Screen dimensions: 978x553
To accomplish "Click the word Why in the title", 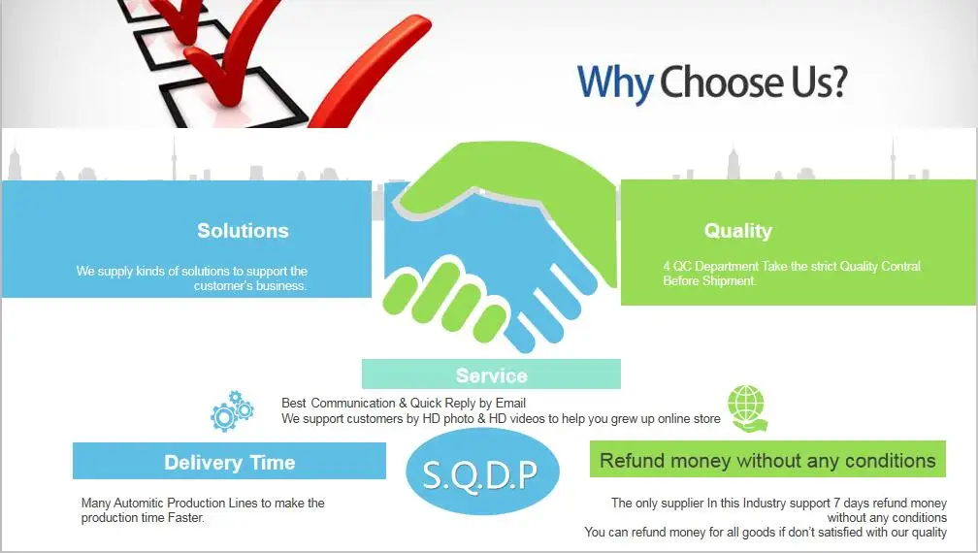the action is pos(615,82).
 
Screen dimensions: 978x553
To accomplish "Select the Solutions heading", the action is pos(244,231).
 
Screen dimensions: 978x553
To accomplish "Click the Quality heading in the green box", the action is pos(737,231).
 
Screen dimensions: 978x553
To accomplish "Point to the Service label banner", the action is pos(492,374).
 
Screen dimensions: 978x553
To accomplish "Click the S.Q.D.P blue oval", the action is pos(482,472).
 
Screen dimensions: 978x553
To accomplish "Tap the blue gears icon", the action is pos(232,411).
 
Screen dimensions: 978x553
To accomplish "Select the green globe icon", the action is pos(748,408).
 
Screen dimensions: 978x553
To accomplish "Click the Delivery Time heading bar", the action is pos(229,462).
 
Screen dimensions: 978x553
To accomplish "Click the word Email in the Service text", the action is pos(510,403).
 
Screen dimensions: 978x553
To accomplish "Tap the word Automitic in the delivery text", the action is pos(139,503).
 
